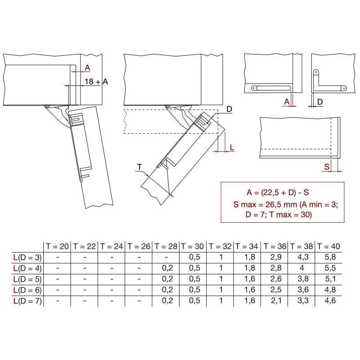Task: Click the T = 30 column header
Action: tap(193, 246)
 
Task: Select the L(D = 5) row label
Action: tap(27, 279)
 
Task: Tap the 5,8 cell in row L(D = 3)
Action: tap(330, 257)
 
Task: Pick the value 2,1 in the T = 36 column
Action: tap(276, 301)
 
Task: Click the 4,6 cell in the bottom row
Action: tap(330, 301)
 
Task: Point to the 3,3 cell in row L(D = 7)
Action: tap(303, 301)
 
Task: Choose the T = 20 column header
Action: tap(58, 246)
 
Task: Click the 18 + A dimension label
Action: tap(96, 81)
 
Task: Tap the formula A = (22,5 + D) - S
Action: tap(278, 193)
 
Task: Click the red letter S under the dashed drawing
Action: tap(327, 166)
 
